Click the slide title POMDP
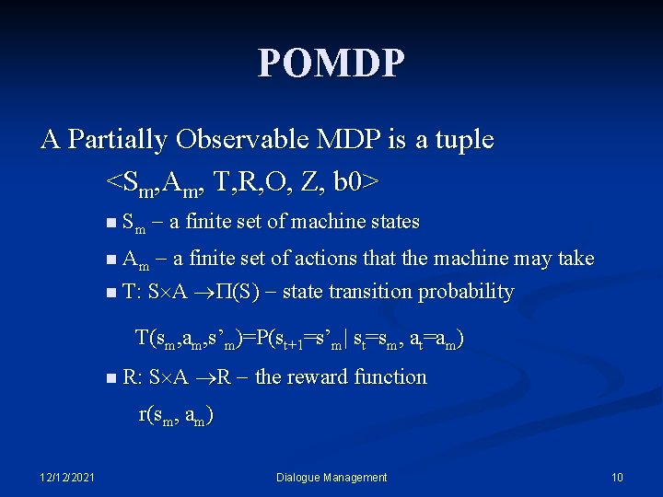pyautogui.click(x=331, y=64)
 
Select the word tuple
pyautogui.click(x=458, y=140)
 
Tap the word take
pyautogui.click(x=576, y=259)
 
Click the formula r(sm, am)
pyautogui.click(x=176, y=415)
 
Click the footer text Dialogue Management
pyautogui.click(x=331, y=477)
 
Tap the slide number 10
pyautogui.click(x=617, y=477)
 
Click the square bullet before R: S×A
pyautogui.click(x=110, y=378)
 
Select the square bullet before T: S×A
pyautogui.click(x=110, y=293)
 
